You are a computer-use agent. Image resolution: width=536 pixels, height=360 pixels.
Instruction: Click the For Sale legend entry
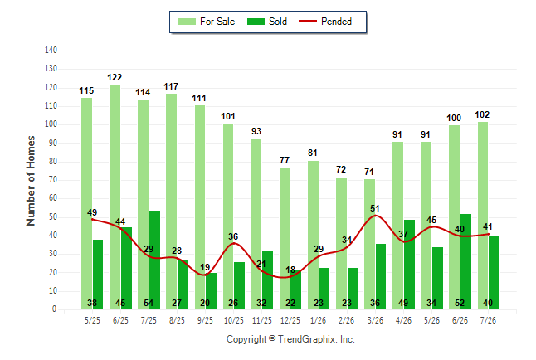(207, 22)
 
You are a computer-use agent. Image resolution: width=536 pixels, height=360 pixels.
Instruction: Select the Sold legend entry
(267, 22)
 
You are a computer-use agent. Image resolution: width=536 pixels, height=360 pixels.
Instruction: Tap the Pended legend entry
(325, 22)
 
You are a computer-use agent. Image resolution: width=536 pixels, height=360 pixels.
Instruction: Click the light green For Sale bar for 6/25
(115, 197)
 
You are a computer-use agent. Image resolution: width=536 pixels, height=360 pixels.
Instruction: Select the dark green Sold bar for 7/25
(154, 260)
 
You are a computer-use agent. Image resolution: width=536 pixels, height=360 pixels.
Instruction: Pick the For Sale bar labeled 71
(369, 244)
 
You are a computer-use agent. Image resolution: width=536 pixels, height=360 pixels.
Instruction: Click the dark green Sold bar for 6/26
(466, 261)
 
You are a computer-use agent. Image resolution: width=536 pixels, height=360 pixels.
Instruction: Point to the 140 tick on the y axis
(51, 51)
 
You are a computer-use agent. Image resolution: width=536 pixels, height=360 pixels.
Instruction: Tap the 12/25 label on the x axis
(290, 320)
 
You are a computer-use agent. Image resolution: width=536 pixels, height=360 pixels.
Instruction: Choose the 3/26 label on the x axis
(375, 320)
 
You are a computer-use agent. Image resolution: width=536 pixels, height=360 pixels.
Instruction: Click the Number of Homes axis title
(31, 181)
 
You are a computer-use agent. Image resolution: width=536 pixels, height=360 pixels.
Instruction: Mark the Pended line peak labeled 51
(375, 216)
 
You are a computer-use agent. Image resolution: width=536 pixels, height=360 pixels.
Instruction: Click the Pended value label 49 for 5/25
(92, 212)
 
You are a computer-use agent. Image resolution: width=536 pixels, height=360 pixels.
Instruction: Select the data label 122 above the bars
(115, 78)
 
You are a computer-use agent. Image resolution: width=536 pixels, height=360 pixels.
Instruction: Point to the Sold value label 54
(149, 304)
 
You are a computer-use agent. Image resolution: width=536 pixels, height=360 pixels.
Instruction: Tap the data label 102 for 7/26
(482, 114)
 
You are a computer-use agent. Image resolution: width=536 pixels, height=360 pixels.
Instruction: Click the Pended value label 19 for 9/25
(205, 267)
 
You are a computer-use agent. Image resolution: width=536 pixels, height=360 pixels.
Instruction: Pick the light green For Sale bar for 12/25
(285, 238)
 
